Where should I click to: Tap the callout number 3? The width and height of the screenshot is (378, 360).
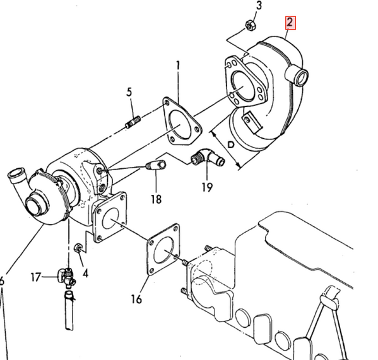(x=258, y=7)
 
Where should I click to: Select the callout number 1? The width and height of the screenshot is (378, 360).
(x=178, y=65)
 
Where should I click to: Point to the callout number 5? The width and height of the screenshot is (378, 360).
(x=129, y=93)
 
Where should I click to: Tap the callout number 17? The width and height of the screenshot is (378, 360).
(x=37, y=276)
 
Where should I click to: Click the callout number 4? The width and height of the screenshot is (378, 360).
(x=85, y=273)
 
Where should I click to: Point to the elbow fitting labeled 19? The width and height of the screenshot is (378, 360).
(x=208, y=158)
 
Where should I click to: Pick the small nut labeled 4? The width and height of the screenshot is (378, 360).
(x=78, y=248)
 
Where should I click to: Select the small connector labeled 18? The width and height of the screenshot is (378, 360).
(x=156, y=167)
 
